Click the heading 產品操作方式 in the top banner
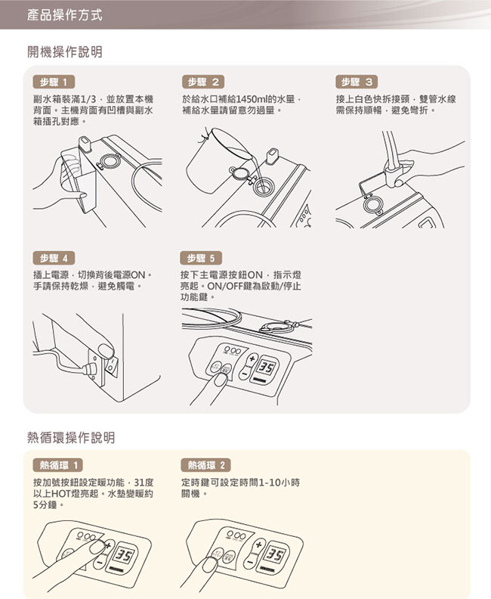point(64,15)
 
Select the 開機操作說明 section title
point(65,51)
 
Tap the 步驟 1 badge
point(54,82)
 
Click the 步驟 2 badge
point(204,82)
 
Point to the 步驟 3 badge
point(357,82)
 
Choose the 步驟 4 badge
point(54,258)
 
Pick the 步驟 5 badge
point(201,258)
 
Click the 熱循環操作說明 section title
point(71,437)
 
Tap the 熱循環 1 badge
point(58,465)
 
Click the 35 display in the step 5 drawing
point(266,368)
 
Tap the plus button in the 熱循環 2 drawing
point(260,544)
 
